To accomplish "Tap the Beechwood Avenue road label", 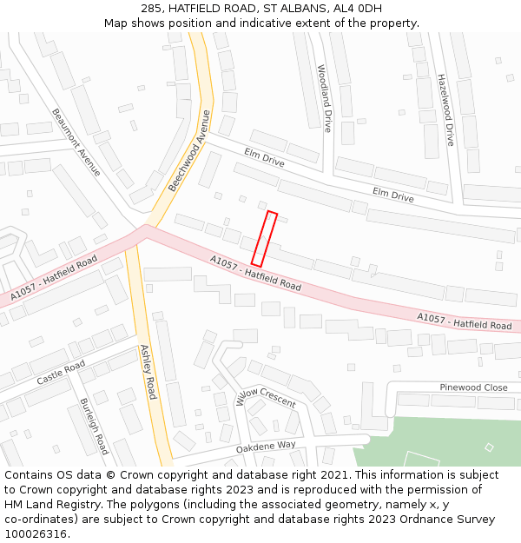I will pos(189,151).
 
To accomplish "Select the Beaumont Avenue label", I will pos(76,142).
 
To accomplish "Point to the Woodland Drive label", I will pos(324,97).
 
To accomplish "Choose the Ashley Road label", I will pos(148,371).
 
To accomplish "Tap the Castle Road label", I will pos(61,373).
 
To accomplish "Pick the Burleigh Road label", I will pos(94,426).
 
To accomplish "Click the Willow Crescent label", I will pos(266,397).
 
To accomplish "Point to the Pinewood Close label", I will pos(473,387).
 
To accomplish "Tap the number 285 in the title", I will pos(152,9).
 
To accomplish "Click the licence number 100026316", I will pos(37,534).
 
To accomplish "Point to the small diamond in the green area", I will pos(489,447).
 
